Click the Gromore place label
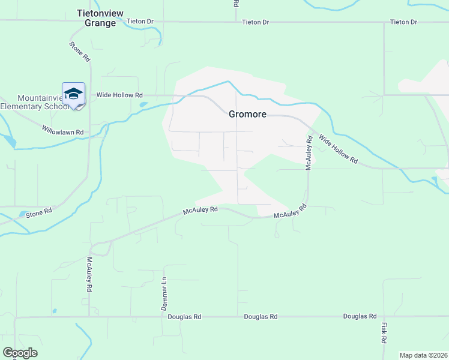coord(247,114)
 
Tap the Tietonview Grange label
coord(96,18)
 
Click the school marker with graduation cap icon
coord(73,94)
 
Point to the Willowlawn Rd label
coord(62,131)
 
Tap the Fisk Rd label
coord(383,332)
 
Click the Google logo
coord(20,353)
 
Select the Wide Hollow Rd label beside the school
coord(119,95)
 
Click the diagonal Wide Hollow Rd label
coord(337,149)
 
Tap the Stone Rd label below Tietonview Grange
coord(79,52)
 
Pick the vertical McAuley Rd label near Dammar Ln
coord(89,274)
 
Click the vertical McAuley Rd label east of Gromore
coord(309,152)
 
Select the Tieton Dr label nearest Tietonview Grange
coord(140,22)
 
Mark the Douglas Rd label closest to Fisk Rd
coord(360,316)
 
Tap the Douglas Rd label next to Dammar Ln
coord(184,317)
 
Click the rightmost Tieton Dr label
coord(403,22)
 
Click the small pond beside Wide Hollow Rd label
coord(143,104)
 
